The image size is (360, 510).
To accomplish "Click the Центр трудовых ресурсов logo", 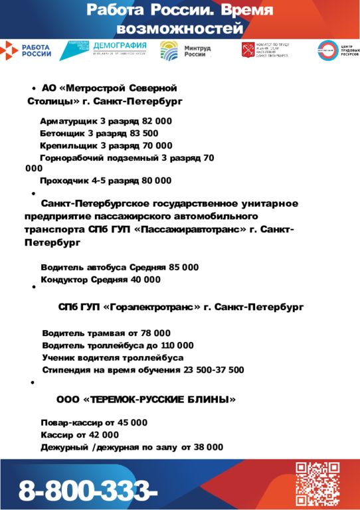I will coord(337,50).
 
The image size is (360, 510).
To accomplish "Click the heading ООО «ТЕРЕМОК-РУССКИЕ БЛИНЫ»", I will coord(146,400).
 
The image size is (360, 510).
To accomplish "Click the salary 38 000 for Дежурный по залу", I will coord(208,448).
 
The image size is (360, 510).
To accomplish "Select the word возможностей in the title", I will coord(179,29).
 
